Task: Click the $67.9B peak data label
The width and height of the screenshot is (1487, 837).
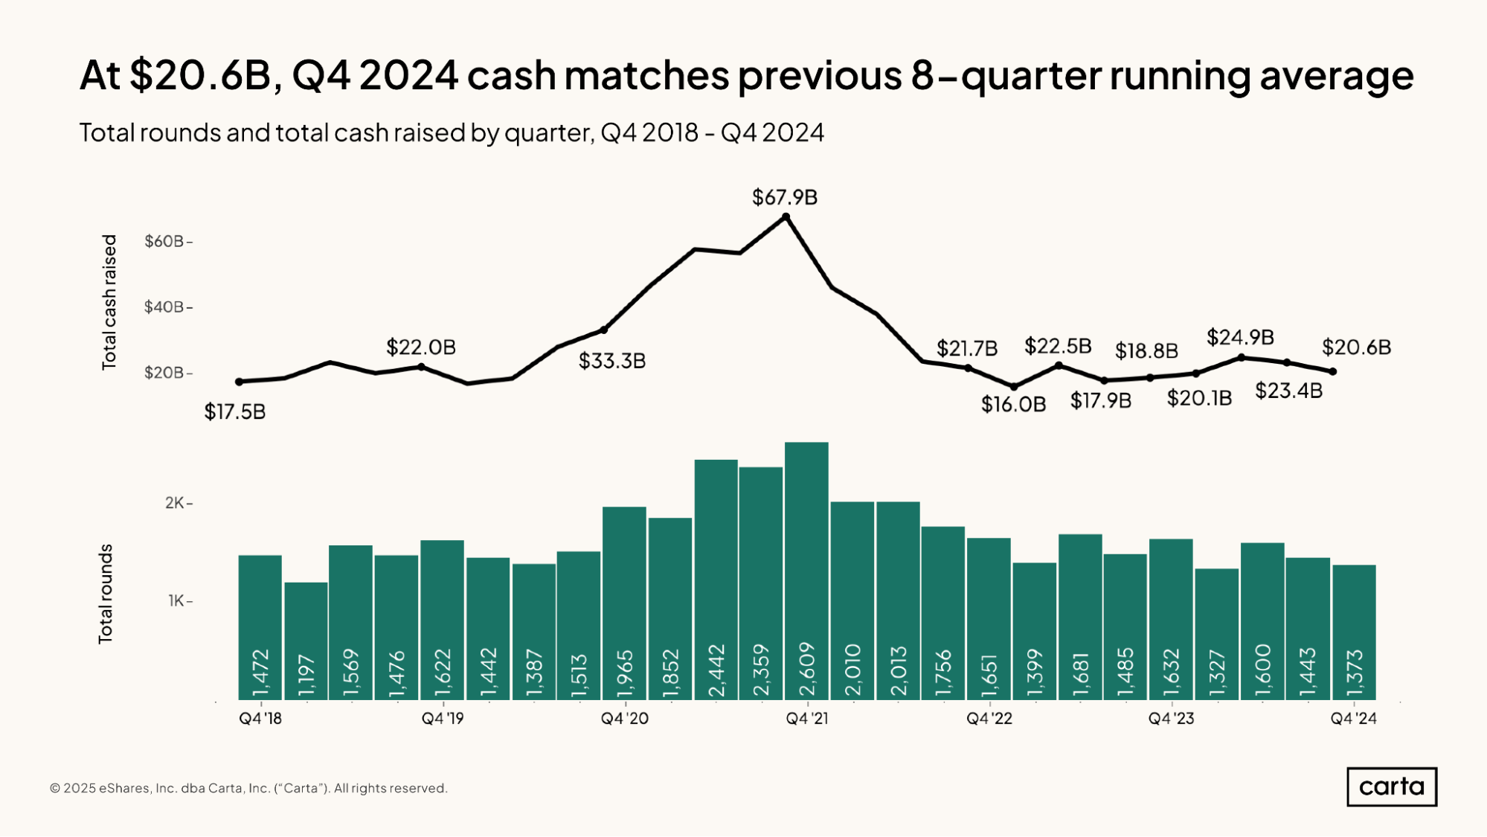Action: tap(784, 197)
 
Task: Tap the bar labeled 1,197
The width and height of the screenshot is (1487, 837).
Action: tap(306, 641)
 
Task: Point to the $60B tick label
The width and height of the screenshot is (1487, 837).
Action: tap(164, 241)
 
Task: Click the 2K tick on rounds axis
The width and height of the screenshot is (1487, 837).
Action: tap(175, 503)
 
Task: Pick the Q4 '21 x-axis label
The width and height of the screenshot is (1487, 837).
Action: tap(806, 719)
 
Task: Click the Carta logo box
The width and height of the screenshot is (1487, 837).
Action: tap(1391, 786)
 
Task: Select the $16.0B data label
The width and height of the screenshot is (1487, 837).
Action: tap(1013, 404)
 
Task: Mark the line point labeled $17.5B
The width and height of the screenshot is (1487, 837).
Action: tap(239, 382)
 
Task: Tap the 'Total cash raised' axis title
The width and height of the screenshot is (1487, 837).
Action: tap(109, 302)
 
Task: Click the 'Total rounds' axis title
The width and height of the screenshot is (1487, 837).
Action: tap(106, 593)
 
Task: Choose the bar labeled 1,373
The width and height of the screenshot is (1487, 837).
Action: tap(1354, 632)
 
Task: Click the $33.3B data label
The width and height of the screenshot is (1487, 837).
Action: tap(611, 361)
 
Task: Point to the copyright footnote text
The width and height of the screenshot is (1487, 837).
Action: tap(248, 788)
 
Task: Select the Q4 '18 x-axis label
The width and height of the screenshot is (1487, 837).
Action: tap(260, 719)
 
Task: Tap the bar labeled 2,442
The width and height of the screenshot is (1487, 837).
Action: tap(716, 580)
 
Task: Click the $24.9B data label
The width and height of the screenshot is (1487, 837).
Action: tap(1240, 337)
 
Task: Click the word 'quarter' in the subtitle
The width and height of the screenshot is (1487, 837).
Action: tap(547, 133)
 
